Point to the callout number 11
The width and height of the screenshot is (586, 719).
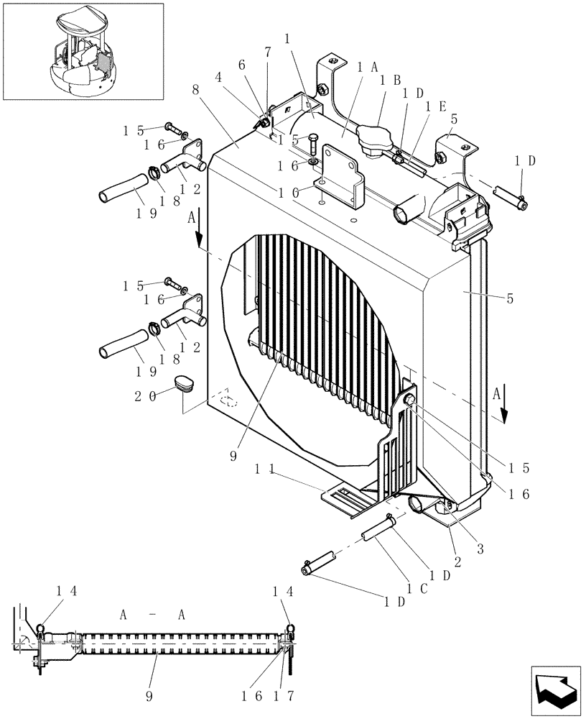coord(266,469)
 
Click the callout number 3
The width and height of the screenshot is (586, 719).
coord(480,549)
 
